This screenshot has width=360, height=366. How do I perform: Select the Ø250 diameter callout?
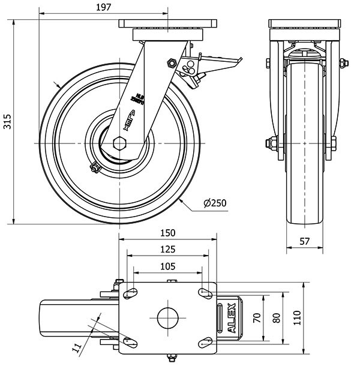coord(215,203)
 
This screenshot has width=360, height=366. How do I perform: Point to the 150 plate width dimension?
coord(168,233)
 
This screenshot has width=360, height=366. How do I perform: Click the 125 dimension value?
coord(168,249)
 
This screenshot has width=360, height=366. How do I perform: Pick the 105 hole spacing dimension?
coord(168,266)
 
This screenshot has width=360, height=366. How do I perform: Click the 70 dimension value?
coord(256,318)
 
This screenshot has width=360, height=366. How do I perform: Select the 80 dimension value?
coord(277,318)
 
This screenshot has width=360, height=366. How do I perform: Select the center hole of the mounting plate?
coord(169,317)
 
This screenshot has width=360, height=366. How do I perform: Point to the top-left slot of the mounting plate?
coord(130,293)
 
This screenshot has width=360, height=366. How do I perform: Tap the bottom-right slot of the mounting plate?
coord(206,343)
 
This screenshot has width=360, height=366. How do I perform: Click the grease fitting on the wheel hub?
coord(94,169)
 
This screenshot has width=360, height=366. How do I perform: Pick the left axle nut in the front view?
coord(271,143)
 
